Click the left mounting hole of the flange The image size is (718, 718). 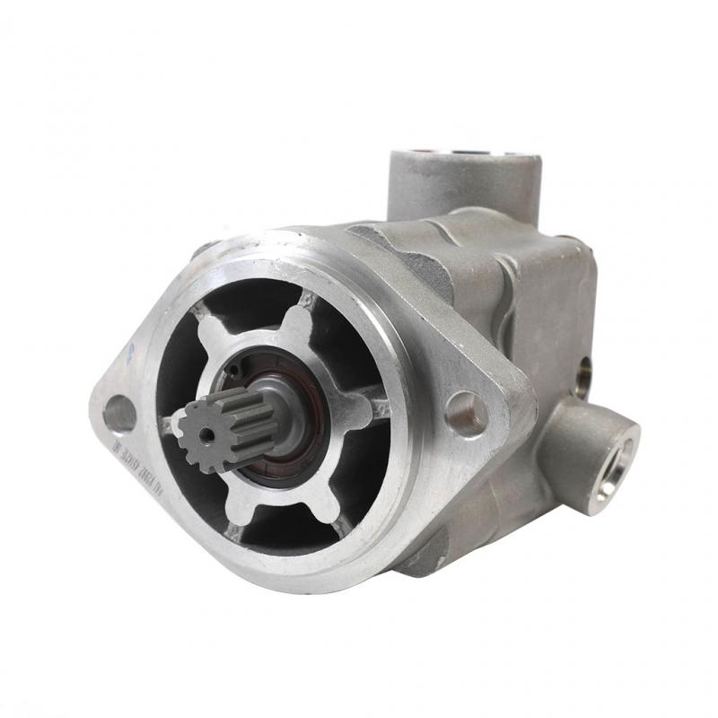point(119,414)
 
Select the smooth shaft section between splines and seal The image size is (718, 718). point(269,417)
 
